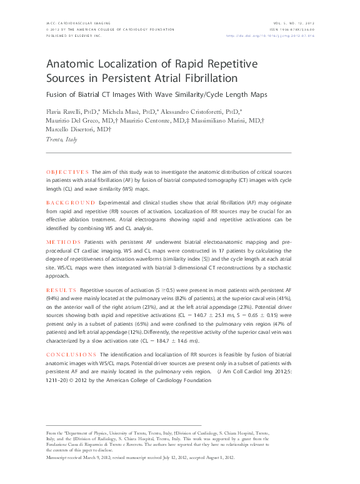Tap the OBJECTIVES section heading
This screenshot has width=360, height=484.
pyautogui.click(x=68, y=171)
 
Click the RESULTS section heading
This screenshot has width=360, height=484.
pyautogui.click(x=61, y=291)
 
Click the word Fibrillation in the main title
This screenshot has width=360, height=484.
pyautogui.click(x=207, y=79)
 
